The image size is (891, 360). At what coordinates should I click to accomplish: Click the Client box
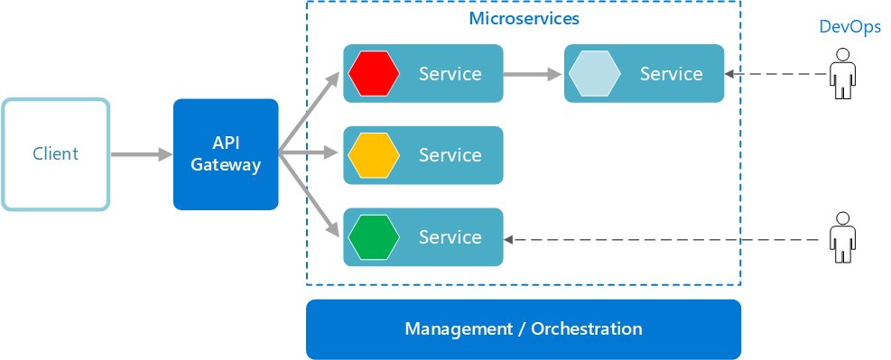(55, 154)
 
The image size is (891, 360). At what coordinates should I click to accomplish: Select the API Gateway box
(226, 154)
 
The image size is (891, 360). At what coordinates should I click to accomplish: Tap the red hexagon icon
(374, 73)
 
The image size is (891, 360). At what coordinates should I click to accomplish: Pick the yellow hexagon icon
(374, 155)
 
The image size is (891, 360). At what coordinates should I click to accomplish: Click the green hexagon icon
(374, 237)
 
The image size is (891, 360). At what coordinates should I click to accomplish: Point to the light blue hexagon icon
(594, 73)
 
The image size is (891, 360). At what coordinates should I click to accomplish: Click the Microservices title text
(524, 18)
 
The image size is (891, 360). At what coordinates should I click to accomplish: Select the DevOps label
(849, 27)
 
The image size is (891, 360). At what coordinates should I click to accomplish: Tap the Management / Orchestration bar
(524, 329)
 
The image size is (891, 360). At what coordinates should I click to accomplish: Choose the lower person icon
(842, 237)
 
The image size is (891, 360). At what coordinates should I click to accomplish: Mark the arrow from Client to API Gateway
(141, 155)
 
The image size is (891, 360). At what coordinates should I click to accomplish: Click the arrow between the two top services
(533, 74)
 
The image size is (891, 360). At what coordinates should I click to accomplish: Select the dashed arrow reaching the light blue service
(776, 75)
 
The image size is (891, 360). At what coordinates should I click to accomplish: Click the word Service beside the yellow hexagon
(450, 155)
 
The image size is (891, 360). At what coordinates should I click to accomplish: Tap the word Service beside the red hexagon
(450, 74)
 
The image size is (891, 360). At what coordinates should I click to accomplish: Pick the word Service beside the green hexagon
(450, 237)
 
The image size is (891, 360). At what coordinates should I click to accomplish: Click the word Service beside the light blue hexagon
(671, 74)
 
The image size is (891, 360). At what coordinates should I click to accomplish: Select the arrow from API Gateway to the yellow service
(311, 155)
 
